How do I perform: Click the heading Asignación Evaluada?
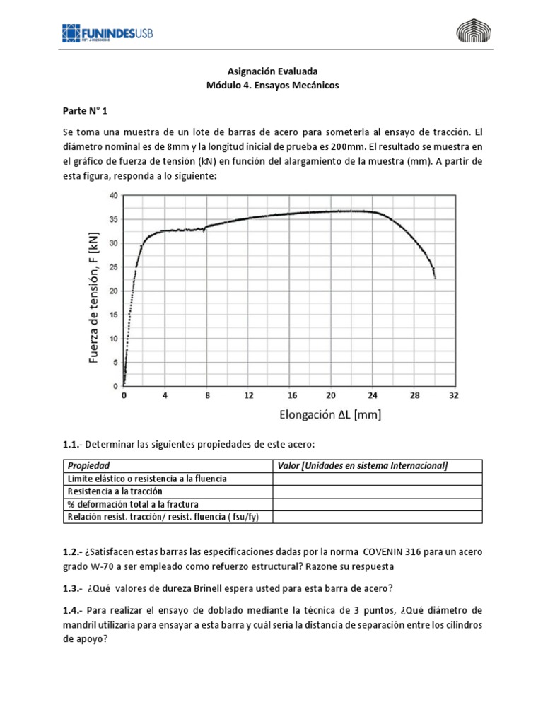(271, 71)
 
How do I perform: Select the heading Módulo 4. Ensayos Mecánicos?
(271, 85)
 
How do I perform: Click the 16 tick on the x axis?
(290, 395)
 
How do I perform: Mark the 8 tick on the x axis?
(207, 395)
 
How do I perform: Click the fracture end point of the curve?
(435, 278)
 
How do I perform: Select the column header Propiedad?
(88, 465)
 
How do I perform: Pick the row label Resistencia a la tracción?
(115, 491)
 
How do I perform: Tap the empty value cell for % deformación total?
(377, 504)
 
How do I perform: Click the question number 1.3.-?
(71, 588)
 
